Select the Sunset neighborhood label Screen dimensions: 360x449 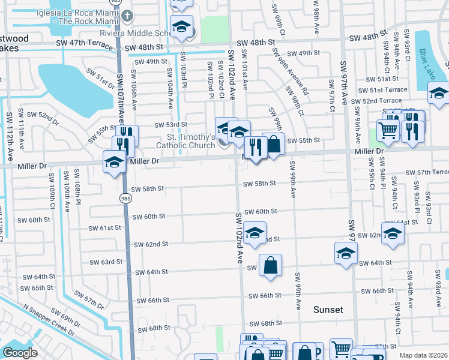click(328, 310)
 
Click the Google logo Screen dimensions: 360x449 click(20, 353)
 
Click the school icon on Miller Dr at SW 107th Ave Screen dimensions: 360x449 click(114, 162)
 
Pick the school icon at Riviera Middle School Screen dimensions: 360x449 click(181, 26)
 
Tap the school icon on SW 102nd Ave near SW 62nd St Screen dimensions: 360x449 click(255, 233)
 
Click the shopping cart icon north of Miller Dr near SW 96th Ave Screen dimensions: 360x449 click(388, 129)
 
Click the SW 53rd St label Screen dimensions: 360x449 click(171, 125)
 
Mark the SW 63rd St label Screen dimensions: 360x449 click(106, 262)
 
